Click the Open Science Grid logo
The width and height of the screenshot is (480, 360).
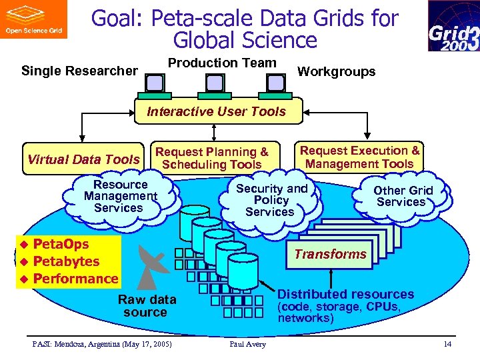tap(33, 19)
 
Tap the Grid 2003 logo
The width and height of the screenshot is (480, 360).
tap(453, 26)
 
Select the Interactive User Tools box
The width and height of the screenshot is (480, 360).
tap(216, 111)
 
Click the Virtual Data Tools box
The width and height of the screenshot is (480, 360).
tap(83, 159)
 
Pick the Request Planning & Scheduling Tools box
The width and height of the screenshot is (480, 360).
tap(211, 158)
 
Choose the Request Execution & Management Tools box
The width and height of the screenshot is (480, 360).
tap(360, 157)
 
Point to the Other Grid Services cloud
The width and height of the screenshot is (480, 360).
tap(402, 196)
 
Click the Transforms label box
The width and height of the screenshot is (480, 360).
tap(331, 254)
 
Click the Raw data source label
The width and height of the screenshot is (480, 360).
tap(147, 306)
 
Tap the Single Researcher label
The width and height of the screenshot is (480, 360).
tap(79, 71)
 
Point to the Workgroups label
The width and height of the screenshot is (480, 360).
tap(336, 71)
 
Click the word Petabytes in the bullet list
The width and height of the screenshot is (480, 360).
tap(66, 261)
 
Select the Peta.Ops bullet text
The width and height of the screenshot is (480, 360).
tap(61, 244)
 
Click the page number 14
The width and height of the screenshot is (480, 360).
tap(447, 344)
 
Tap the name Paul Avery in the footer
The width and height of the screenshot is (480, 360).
tap(247, 344)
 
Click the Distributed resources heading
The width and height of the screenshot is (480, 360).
tap(345, 294)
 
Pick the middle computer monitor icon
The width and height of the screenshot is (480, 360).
tap(215, 82)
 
